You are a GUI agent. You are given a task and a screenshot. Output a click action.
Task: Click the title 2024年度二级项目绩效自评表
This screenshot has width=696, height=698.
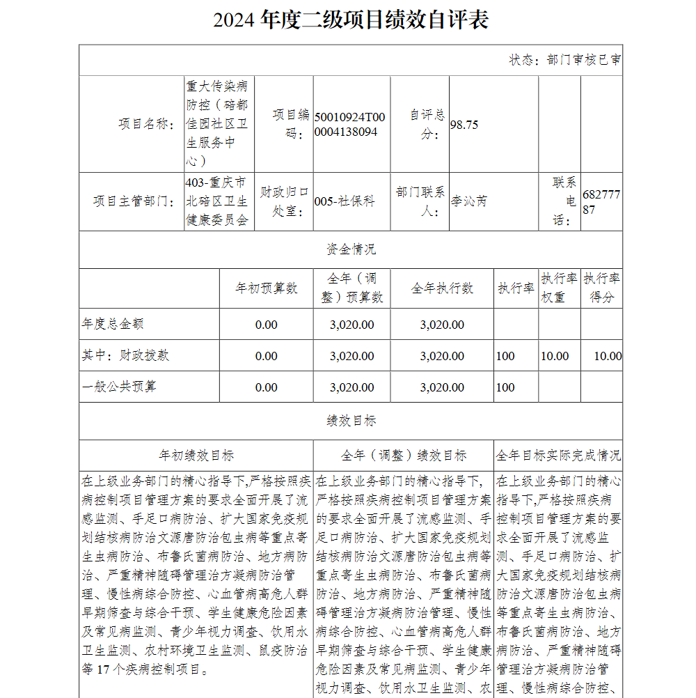point(351,20)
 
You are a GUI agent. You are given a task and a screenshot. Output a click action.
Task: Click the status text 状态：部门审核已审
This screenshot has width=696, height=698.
point(565,60)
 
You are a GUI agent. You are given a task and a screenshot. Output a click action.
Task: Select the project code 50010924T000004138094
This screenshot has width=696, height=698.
point(349,124)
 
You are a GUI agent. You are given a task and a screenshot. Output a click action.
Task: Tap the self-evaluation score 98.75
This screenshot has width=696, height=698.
point(464,124)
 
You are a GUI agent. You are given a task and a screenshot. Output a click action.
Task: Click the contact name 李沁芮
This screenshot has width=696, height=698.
point(469,201)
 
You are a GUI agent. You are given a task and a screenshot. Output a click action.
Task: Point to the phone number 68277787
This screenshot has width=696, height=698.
point(601,201)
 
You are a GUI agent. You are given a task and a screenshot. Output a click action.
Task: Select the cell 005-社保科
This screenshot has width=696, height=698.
point(345,201)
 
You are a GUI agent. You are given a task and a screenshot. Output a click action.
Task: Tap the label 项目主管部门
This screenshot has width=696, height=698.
point(134,201)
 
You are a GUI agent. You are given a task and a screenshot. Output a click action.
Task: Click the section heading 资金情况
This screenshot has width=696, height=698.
point(351,249)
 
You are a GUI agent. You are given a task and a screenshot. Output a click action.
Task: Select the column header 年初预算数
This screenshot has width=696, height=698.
point(267,288)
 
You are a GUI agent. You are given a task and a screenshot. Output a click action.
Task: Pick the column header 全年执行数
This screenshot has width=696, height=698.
point(442,288)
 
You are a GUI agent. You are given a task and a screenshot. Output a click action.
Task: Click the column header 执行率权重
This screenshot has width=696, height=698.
point(559,288)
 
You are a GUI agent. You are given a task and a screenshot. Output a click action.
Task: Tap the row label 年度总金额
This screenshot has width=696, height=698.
point(113,324)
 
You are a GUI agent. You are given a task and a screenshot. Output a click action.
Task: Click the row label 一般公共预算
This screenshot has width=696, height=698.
point(119,387)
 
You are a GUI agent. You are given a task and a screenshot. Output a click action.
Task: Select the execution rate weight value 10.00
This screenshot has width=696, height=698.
point(555,356)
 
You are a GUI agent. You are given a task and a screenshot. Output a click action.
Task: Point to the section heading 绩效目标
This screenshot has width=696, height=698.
point(351,421)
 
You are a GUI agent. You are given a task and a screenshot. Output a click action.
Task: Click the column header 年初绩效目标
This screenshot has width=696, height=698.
point(197,456)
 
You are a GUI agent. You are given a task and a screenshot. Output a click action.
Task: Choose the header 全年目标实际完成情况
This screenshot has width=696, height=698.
point(558,456)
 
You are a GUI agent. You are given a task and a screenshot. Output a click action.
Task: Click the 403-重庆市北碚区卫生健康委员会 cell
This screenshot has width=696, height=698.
point(217,201)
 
